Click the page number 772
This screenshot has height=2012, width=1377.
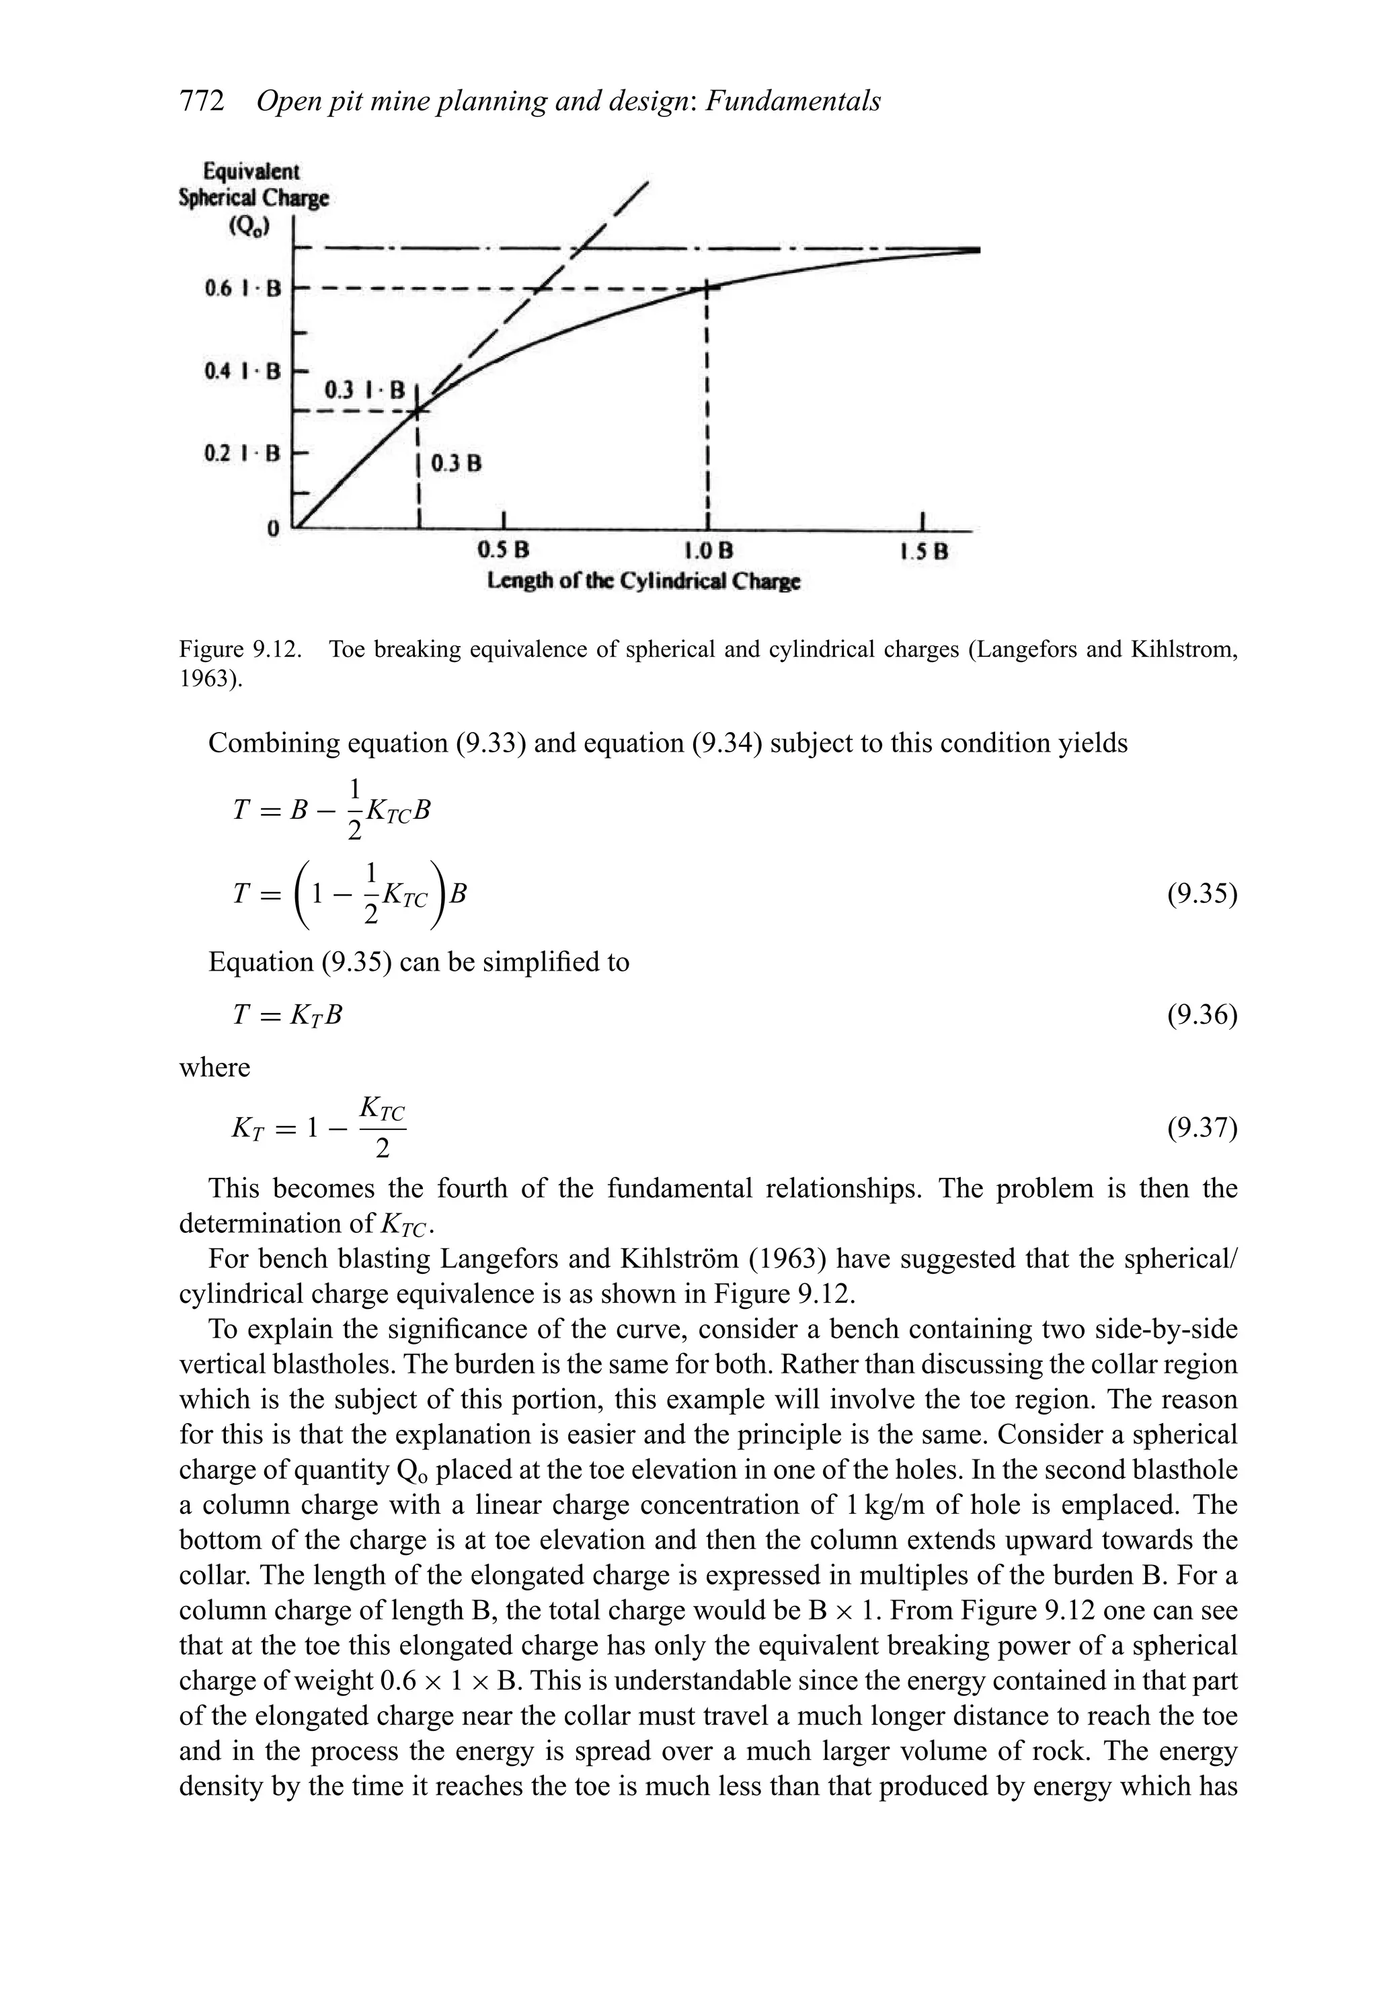pos(201,102)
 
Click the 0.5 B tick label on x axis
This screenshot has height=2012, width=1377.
pos(503,551)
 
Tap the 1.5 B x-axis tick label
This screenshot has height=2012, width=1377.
pos(923,551)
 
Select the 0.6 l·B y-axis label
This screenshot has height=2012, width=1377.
pos(243,288)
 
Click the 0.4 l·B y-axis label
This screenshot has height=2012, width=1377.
pos(243,371)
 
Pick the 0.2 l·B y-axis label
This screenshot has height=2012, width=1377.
pos(243,453)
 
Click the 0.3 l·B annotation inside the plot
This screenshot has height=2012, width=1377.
pos(364,391)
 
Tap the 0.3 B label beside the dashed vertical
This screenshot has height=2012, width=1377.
pos(457,463)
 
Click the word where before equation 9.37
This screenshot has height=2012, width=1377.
pos(214,1068)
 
